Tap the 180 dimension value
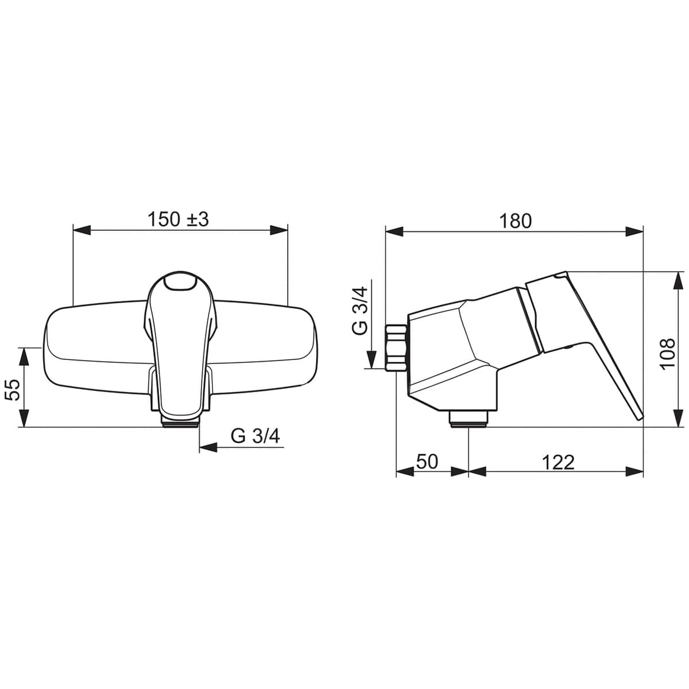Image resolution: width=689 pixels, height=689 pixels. (515, 221)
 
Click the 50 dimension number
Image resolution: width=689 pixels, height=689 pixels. (427, 462)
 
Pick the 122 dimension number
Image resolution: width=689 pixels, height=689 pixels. (558, 463)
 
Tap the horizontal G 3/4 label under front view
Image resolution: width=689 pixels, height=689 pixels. (255, 436)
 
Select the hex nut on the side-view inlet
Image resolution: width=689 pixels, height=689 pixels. (397, 348)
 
